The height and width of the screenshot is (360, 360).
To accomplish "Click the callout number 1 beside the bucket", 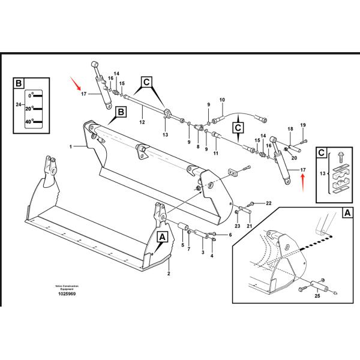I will [70, 146].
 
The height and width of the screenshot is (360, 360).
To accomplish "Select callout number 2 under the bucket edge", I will [169, 274].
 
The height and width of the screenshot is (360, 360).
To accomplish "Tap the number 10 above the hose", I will [221, 100].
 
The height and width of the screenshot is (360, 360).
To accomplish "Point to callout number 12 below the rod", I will [142, 122].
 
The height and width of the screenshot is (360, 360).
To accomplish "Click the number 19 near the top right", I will [303, 125].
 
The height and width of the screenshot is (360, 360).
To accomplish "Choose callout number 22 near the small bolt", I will [268, 203].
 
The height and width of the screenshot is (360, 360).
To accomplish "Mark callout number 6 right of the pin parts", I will [230, 235].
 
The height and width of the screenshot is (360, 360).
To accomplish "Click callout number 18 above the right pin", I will [290, 129].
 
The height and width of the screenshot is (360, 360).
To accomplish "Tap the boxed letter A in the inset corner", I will [346, 212].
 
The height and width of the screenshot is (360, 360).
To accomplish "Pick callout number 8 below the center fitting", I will [198, 146].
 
